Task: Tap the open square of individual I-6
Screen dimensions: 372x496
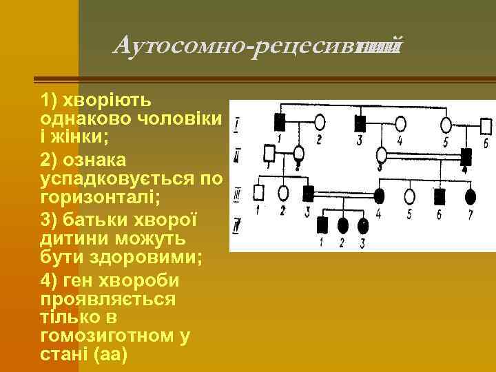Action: pyautogui.click(x=486, y=126)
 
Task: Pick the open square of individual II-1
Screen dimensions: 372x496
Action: pyautogui.click(x=270, y=152)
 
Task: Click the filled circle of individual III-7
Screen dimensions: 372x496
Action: pyautogui.click(x=471, y=197)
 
